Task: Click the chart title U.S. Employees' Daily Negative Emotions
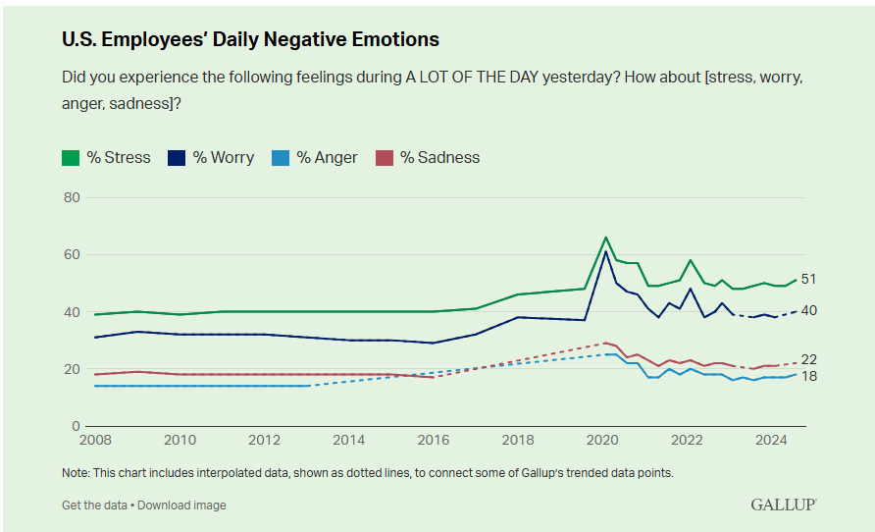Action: (x=250, y=40)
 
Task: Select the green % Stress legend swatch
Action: (x=71, y=157)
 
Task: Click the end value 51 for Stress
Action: (x=809, y=279)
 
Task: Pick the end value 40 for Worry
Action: (x=809, y=311)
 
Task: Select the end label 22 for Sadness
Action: (x=809, y=359)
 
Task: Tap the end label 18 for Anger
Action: (x=809, y=377)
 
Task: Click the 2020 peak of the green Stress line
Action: (x=605, y=238)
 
